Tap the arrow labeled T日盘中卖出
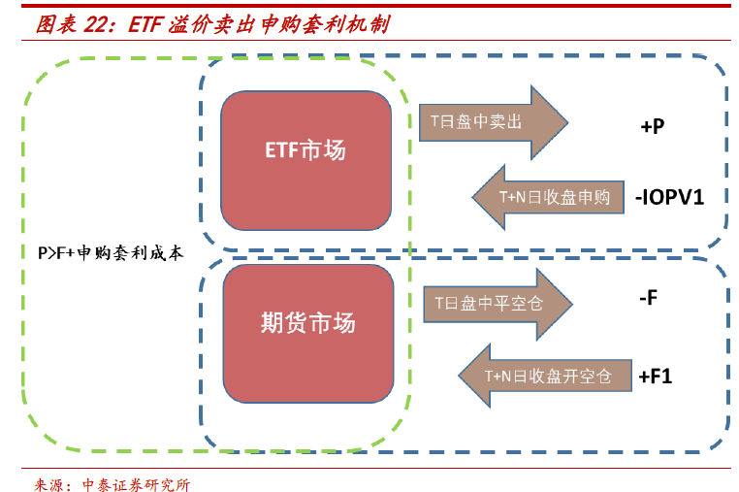click(x=480, y=121)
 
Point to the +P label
click(x=652, y=126)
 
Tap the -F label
click(x=649, y=298)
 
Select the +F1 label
click(x=656, y=376)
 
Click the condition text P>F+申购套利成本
click(x=110, y=254)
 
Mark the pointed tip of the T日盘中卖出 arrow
click(x=566, y=121)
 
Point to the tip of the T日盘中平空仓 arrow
click(x=570, y=303)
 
